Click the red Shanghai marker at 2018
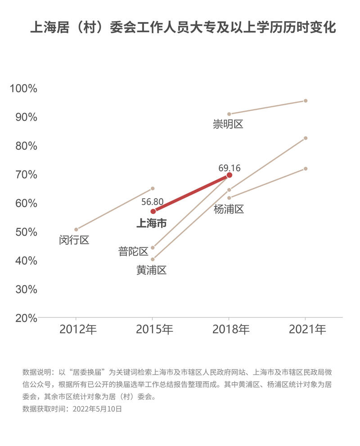[229, 175]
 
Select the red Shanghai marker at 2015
[153, 211]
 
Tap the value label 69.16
[229, 168]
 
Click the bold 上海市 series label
[152, 223]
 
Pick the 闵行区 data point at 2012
[76, 229]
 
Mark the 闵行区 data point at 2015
[153, 188]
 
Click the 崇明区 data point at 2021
[306, 101]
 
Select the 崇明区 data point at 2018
[229, 114]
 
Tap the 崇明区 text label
[228, 124]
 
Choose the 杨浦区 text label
[229, 209]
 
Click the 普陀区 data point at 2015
[153, 248]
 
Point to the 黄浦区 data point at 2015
[153, 259]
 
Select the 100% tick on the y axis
[23, 88]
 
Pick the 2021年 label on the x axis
[307, 330]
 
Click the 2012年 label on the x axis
[78, 330]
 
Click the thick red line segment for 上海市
[191, 193]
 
